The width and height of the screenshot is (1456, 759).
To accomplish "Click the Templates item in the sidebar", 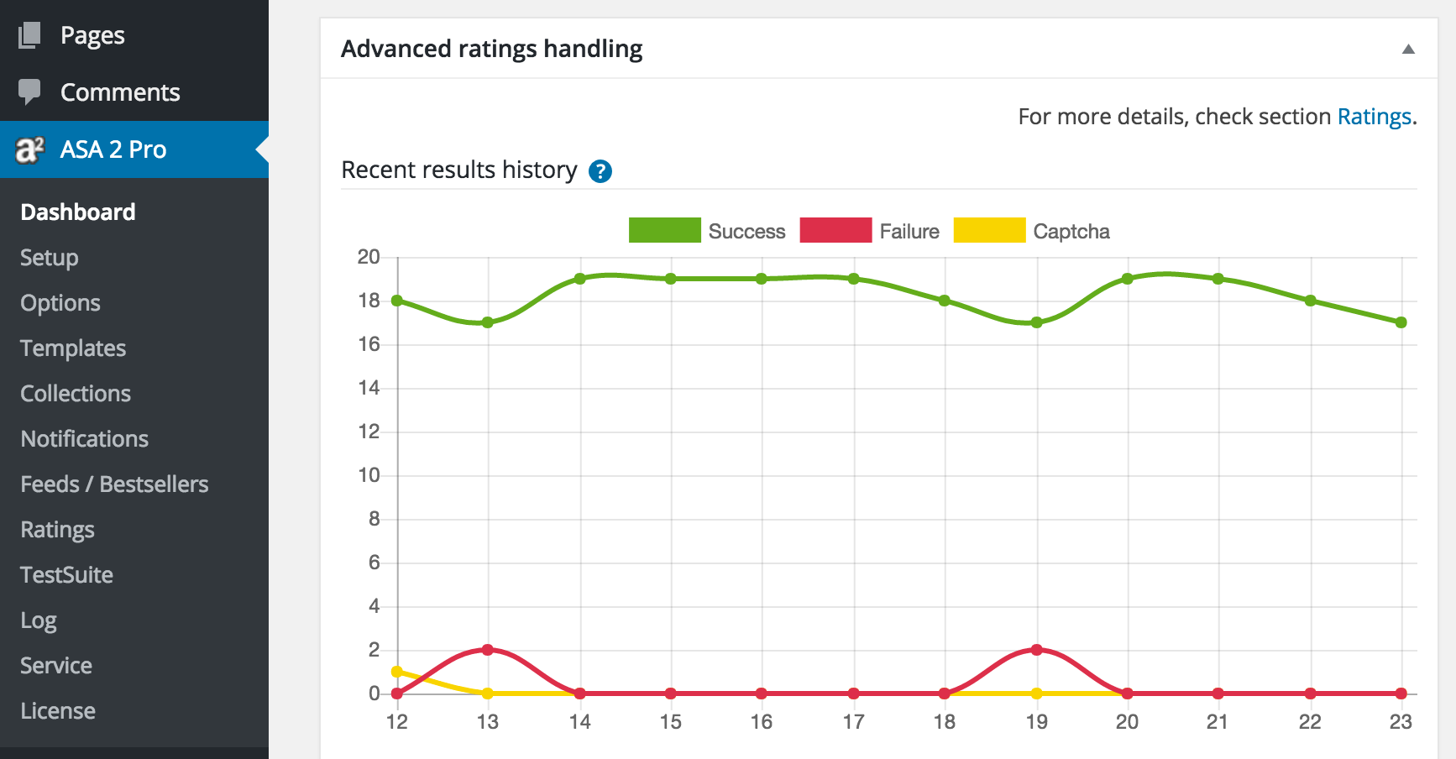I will (x=73, y=348).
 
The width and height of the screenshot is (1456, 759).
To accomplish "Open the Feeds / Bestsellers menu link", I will (x=114, y=484).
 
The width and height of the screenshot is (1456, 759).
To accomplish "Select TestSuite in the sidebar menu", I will (x=66, y=575).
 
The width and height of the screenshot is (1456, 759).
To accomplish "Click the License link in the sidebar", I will (x=58, y=711).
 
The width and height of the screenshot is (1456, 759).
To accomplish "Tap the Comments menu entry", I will (x=120, y=92).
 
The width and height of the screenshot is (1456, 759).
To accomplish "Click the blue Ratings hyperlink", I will (x=1374, y=117).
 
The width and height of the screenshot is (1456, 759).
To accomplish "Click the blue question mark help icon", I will (x=600, y=171).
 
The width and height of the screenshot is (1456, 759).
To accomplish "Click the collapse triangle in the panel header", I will (x=1408, y=50).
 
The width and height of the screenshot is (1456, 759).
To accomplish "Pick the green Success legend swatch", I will (x=664, y=230).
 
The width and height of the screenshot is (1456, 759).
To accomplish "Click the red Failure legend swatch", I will (x=835, y=230).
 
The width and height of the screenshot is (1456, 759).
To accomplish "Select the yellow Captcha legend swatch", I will (x=989, y=230).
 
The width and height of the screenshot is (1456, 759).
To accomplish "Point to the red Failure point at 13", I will (x=488, y=650).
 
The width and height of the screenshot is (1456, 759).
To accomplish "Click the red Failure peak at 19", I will (x=1036, y=650).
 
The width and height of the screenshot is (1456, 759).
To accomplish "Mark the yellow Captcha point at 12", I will (x=397, y=672).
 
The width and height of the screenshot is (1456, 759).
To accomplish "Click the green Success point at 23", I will (x=1401, y=322).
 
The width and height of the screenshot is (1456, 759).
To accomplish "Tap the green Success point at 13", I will (x=488, y=322).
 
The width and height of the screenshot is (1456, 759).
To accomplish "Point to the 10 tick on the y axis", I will (x=369, y=475).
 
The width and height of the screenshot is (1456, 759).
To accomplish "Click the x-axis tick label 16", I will (x=762, y=722).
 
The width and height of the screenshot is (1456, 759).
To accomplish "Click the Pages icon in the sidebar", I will (x=29, y=35).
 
